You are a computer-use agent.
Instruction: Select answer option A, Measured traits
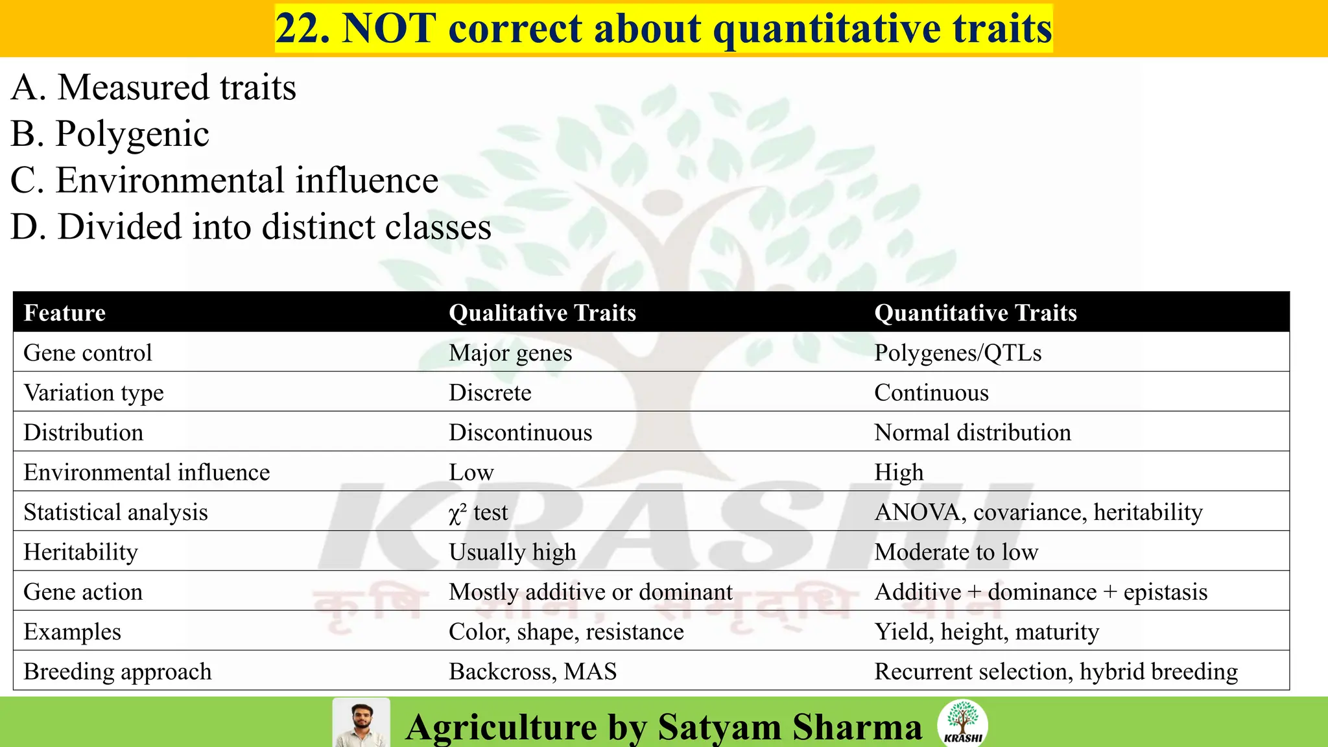click(154, 88)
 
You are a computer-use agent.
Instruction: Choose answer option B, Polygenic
click(110, 134)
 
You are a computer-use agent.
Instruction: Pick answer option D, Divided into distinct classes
click(251, 227)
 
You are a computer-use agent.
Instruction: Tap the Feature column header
click(65, 313)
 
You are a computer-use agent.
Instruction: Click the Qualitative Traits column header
click(542, 313)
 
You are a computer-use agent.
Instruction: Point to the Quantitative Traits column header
click(975, 313)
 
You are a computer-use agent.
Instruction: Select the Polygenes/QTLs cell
click(958, 353)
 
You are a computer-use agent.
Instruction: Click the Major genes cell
click(510, 353)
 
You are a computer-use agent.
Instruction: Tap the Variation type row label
click(94, 393)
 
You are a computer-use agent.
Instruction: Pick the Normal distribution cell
click(973, 433)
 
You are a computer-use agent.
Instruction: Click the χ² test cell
click(478, 512)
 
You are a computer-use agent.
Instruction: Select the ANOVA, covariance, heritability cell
click(1038, 512)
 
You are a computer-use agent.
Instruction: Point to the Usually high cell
click(512, 552)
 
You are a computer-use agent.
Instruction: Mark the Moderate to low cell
click(956, 552)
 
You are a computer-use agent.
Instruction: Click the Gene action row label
click(83, 592)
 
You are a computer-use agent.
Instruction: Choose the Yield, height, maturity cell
click(986, 632)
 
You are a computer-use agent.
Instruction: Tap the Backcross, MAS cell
click(532, 672)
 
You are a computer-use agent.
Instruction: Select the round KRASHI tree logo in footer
click(963, 722)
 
